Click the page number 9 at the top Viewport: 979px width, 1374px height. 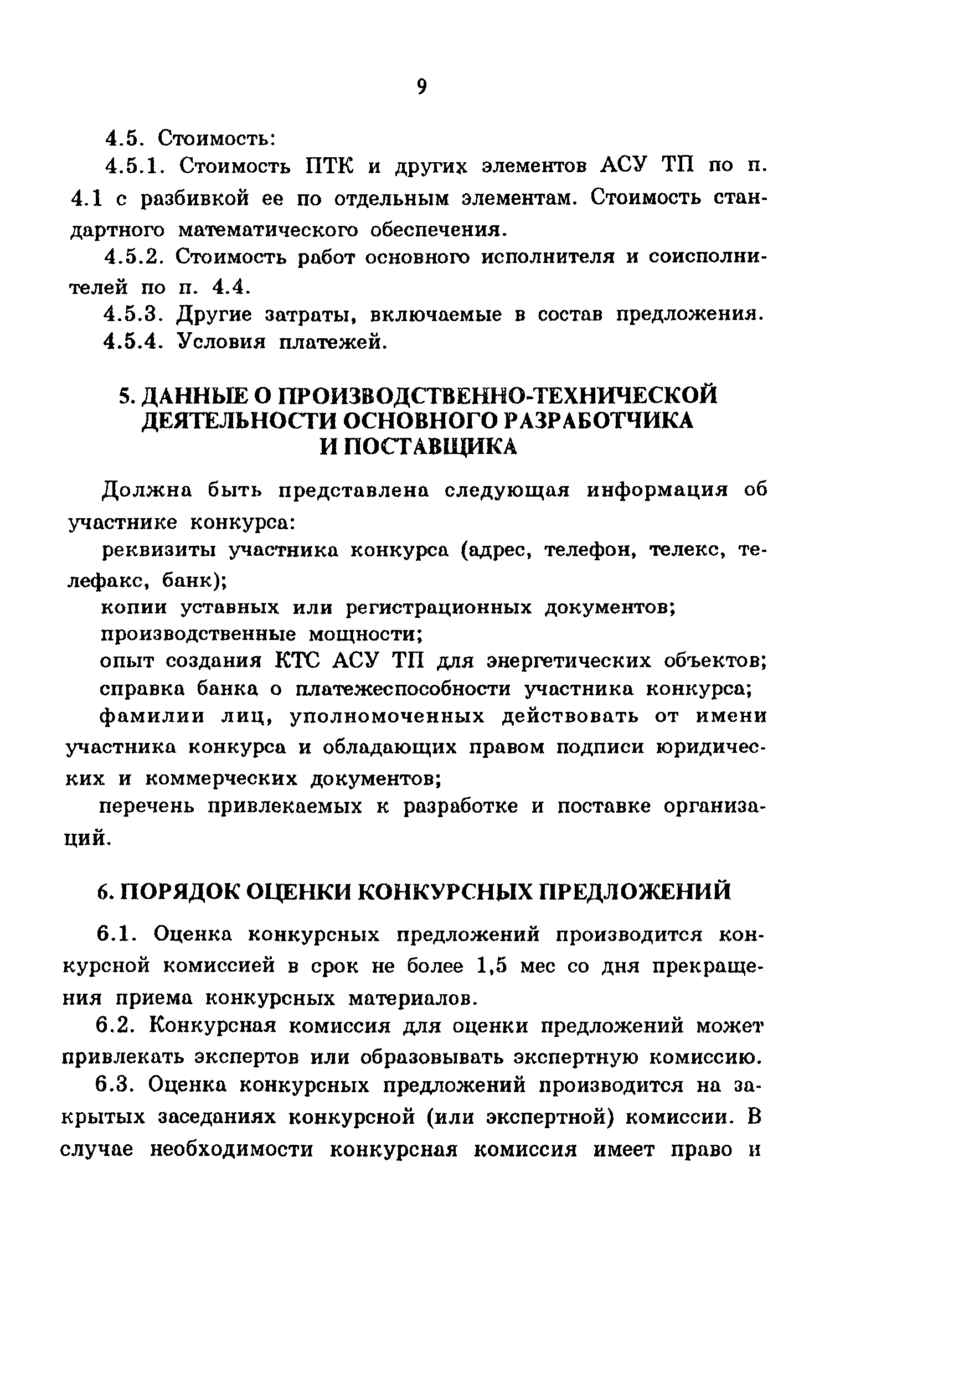tap(421, 87)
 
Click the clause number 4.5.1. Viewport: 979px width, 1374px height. tap(135, 166)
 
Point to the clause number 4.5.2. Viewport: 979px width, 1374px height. tap(134, 257)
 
